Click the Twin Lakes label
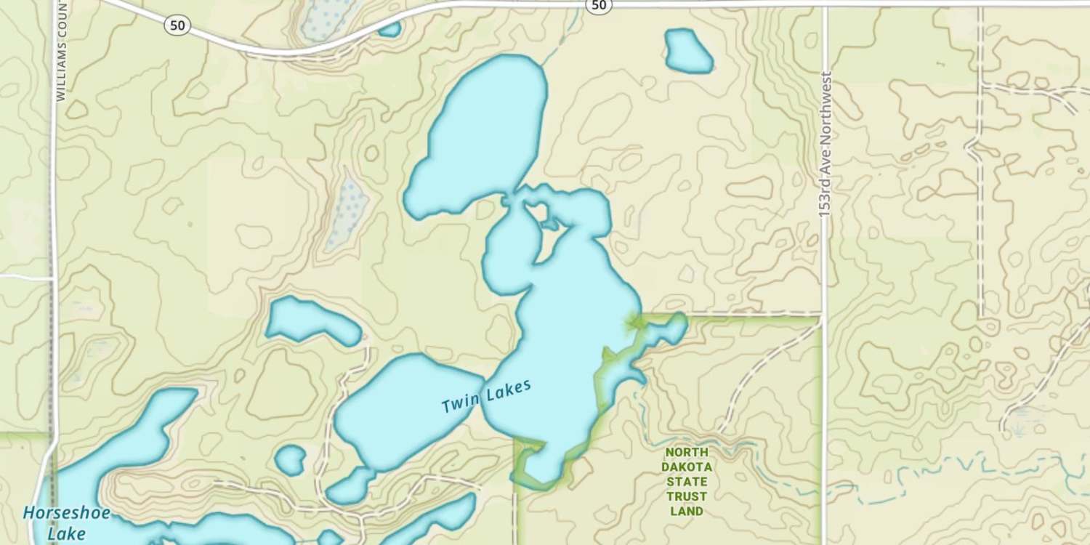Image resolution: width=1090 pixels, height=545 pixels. pyautogui.click(x=486, y=396)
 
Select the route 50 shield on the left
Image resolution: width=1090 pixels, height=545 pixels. pyautogui.click(x=177, y=26)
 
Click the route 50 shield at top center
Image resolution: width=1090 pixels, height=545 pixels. pyautogui.click(x=598, y=5)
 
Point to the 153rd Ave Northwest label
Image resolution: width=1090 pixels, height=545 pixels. pyautogui.click(x=824, y=144)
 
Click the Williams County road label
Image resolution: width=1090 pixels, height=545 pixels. pyautogui.click(x=60, y=51)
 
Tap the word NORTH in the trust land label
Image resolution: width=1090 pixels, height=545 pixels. pyautogui.click(x=687, y=451)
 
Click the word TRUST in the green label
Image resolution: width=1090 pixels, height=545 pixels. pyautogui.click(x=687, y=496)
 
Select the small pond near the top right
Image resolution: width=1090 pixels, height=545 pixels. pyautogui.click(x=687, y=51)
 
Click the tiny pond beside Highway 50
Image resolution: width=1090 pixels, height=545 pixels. pyautogui.click(x=389, y=29)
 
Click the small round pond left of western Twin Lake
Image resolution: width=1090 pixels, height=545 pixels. pyautogui.click(x=291, y=460)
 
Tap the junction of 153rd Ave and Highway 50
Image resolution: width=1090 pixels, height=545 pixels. pyautogui.click(x=825, y=6)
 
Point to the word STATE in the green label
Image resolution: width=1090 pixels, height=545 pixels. pyautogui.click(x=687, y=481)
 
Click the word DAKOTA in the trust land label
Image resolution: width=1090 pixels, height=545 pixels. pyautogui.click(x=687, y=467)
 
